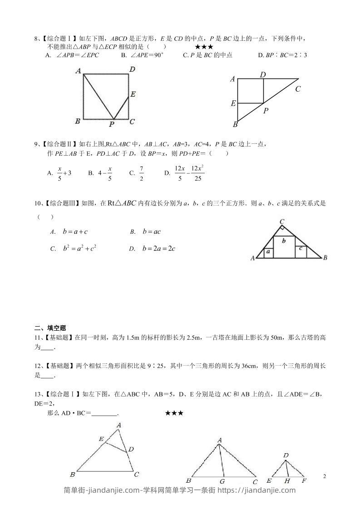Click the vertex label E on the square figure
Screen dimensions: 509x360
(x=133, y=94)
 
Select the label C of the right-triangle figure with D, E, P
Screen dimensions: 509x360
(x=298, y=89)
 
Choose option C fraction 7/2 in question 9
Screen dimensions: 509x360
(x=142, y=172)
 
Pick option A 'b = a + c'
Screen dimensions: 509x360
(x=69, y=232)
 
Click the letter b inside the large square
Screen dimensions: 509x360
(x=284, y=241)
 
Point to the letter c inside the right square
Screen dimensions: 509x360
(x=301, y=248)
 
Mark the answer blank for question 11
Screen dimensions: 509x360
(x=47, y=347)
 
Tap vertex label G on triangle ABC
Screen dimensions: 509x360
(x=222, y=481)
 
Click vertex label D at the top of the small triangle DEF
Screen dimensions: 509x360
(x=286, y=455)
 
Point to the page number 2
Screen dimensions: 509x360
(x=324, y=476)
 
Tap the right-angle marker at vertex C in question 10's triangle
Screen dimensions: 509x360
(x=282, y=227)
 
